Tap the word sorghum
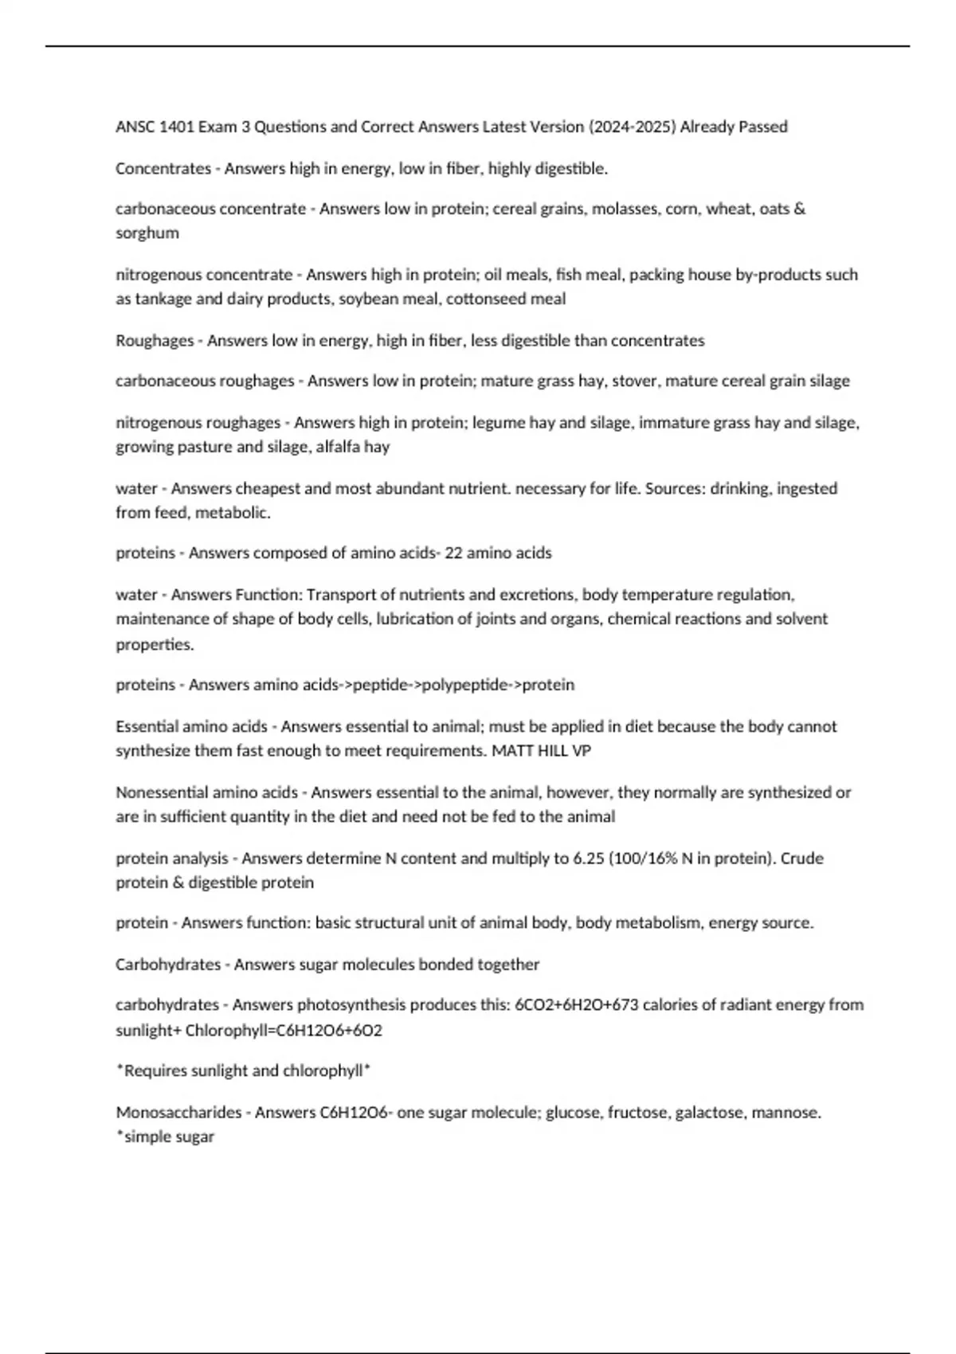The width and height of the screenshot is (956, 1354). tap(147, 233)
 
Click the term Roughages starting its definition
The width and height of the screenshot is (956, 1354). tap(155, 341)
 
